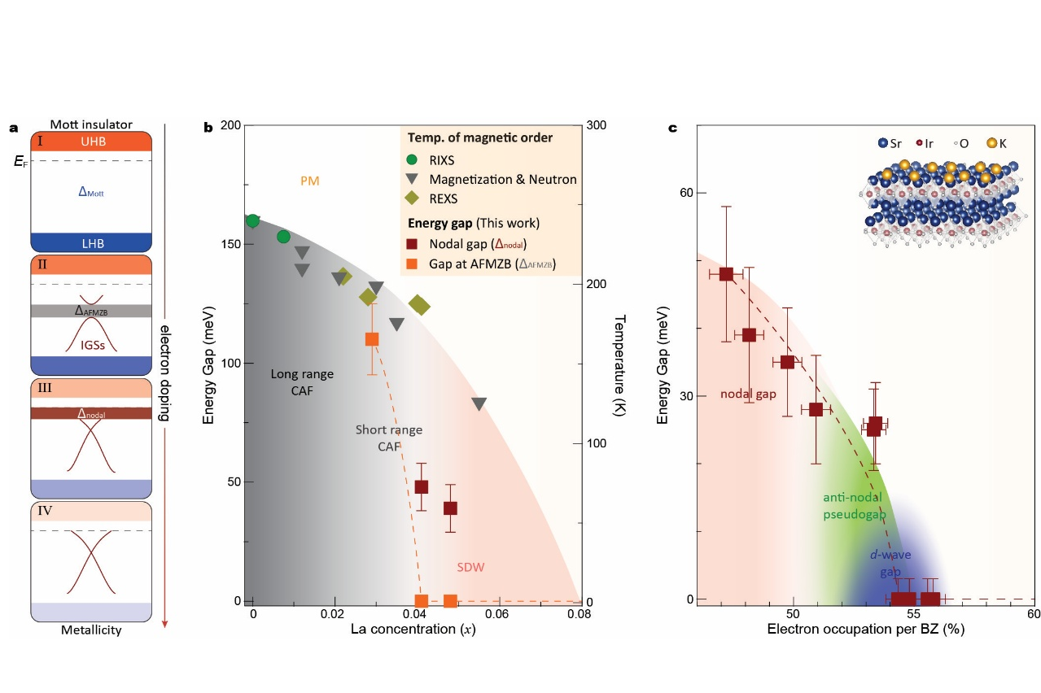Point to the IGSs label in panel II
tap(92, 345)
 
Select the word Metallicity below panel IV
tap(91, 630)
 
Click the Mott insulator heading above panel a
tap(91, 124)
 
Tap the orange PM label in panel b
tap(309, 181)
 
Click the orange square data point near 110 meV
tap(372, 339)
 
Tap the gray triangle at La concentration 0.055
tap(479, 404)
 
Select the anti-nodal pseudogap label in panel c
tap(851, 505)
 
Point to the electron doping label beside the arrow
tap(163, 373)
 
